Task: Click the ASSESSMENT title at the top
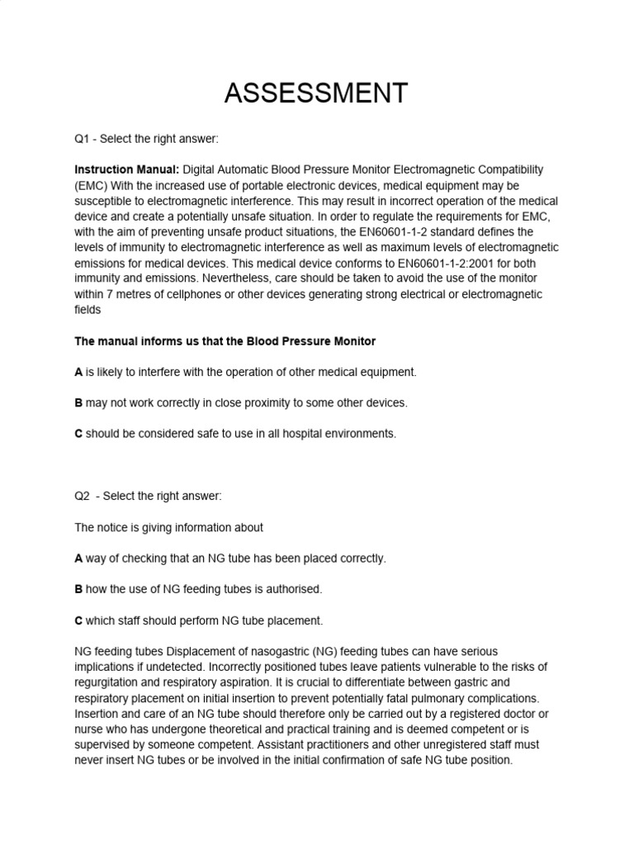[x=316, y=93]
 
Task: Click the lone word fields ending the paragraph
[x=88, y=311]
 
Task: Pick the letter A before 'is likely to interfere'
[x=78, y=372]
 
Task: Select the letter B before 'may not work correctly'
[x=78, y=403]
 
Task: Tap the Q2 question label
[x=84, y=496]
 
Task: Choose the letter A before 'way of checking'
[x=78, y=558]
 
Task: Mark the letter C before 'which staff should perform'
[x=78, y=620]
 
